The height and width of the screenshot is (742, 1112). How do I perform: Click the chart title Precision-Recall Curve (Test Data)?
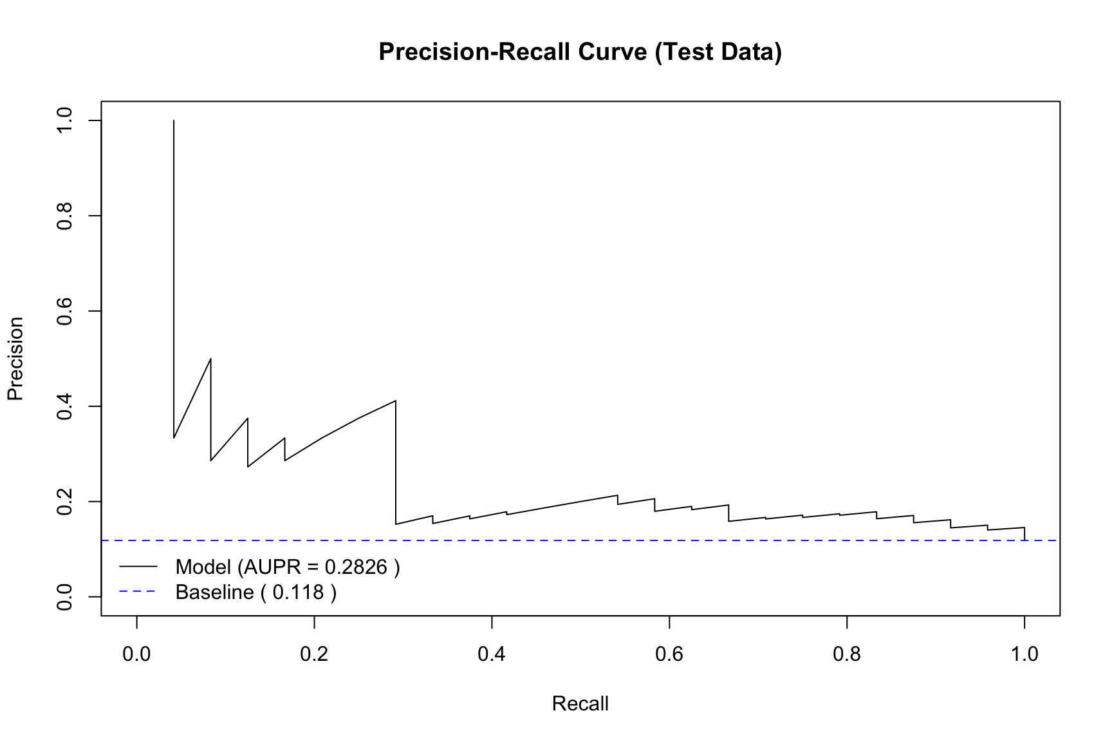(x=580, y=52)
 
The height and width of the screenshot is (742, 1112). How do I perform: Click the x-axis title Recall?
(x=580, y=703)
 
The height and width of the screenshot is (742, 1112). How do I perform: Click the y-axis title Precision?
(x=15, y=359)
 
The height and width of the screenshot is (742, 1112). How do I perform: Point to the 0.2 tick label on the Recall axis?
(x=314, y=654)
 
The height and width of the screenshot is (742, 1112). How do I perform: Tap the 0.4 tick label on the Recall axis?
(x=492, y=654)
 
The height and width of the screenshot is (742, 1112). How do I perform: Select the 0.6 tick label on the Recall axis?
(x=669, y=654)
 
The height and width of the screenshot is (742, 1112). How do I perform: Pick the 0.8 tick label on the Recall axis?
(x=847, y=654)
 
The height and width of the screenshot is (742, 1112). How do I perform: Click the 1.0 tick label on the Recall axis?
(x=1024, y=654)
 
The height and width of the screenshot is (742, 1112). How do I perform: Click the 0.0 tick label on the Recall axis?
(x=136, y=654)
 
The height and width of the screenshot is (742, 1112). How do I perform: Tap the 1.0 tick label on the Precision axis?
(x=65, y=120)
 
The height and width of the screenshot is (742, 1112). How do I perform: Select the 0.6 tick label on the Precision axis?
(x=65, y=311)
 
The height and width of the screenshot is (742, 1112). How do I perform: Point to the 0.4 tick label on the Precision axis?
(x=65, y=406)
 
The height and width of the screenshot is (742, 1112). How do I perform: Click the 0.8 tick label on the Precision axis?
(x=65, y=216)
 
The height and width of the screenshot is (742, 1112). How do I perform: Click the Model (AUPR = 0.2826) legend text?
(x=288, y=567)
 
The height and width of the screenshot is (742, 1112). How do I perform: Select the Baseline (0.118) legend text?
(x=256, y=592)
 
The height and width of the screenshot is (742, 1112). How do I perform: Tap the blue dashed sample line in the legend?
(x=138, y=592)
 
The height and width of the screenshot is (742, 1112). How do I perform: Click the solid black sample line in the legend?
(x=138, y=567)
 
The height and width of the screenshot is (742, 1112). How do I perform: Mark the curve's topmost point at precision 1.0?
(x=174, y=120)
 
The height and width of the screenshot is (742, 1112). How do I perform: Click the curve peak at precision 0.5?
(x=211, y=359)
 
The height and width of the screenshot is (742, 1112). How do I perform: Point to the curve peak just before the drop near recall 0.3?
(x=396, y=401)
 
